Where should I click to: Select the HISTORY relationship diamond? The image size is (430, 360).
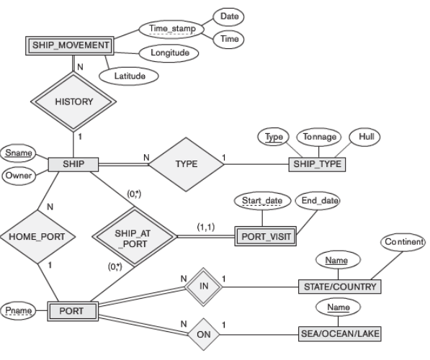tap(73, 102)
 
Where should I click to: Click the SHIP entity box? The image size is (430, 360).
tap(72, 165)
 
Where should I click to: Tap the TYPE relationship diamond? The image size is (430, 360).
tap(185, 165)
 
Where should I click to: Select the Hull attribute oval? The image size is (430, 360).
tap(364, 136)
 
